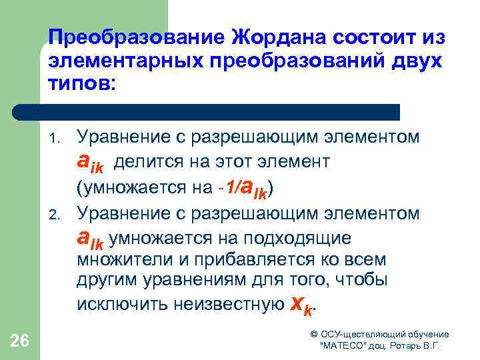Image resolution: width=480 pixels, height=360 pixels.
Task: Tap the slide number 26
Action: click(20, 341)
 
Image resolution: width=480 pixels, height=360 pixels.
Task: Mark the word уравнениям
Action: click(183, 281)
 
